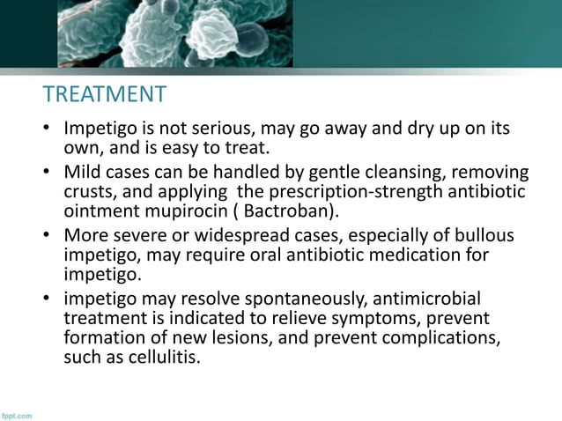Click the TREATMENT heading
pos(104,94)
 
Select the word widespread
pos(237,236)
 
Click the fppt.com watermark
pos(17,414)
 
